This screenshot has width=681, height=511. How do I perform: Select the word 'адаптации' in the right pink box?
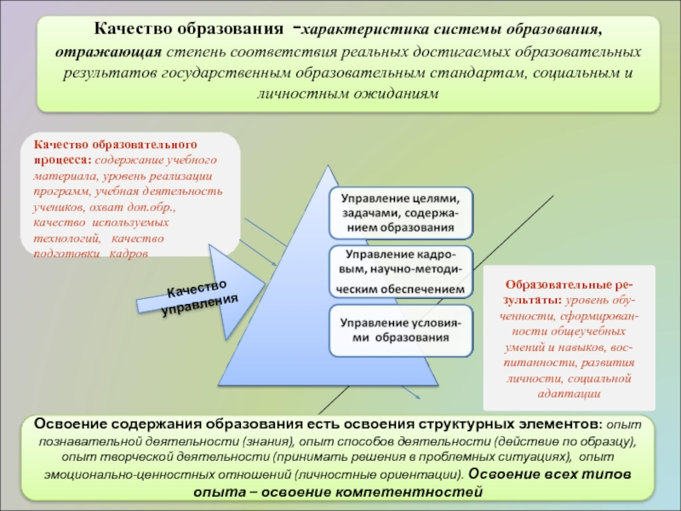569,393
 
